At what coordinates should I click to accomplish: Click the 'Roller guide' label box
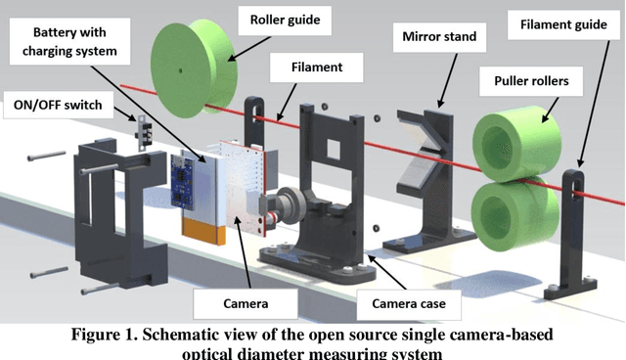(291, 20)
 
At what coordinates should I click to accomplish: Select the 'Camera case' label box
(410, 303)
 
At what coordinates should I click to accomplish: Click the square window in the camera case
(333, 149)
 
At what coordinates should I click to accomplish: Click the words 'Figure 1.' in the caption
(112, 334)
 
